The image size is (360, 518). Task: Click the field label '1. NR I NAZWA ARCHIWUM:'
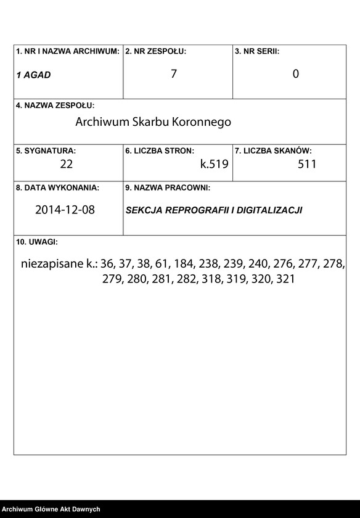[68, 52]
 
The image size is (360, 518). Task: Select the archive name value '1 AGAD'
[33, 75]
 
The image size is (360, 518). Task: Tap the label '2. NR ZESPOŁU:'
[155, 52]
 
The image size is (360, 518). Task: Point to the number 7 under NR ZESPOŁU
[174, 74]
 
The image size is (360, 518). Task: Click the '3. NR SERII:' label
[257, 52]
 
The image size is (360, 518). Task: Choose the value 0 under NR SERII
[296, 74]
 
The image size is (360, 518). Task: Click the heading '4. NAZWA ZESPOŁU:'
[55, 105]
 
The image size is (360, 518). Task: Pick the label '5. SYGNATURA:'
[46, 150]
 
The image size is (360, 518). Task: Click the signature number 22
[66, 164]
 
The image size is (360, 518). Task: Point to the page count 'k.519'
[214, 164]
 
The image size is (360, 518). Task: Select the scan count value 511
[306, 164]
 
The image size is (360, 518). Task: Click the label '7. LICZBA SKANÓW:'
[273, 150]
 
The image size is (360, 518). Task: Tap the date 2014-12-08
[65, 210]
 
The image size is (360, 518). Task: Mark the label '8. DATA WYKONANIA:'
[57, 187]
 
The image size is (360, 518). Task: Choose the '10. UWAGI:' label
[37, 242]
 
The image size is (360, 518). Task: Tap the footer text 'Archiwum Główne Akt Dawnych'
[51, 509]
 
